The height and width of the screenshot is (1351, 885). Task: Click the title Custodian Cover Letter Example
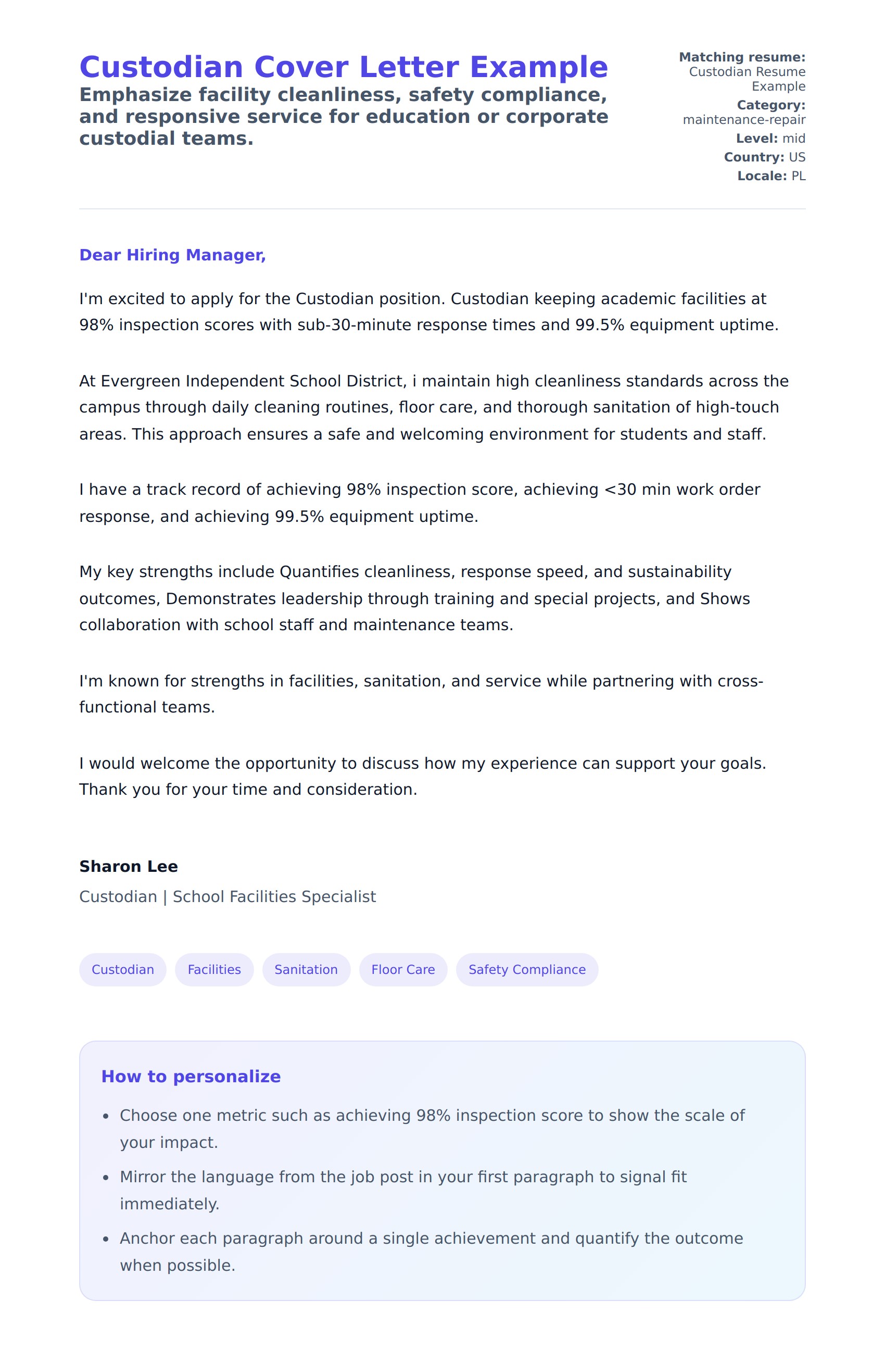tap(343, 67)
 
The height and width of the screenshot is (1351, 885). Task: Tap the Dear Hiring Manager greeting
tap(172, 255)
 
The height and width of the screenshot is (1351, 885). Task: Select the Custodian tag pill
tap(122, 970)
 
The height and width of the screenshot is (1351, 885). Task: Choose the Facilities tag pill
tap(214, 970)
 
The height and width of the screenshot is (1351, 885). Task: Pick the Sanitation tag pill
tap(306, 970)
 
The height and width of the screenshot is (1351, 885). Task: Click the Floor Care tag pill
tap(403, 970)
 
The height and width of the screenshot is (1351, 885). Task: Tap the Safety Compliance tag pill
tap(526, 970)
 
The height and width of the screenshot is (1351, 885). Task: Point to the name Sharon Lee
tap(128, 866)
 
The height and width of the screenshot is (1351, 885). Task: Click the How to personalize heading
tap(191, 1076)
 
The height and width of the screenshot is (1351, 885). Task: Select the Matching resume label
tap(741, 57)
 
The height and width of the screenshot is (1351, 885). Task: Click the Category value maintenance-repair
tap(744, 120)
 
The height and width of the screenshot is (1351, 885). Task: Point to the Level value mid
tap(794, 139)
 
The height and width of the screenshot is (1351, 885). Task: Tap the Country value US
tap(797, 157)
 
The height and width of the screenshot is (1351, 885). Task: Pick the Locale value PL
tap(798, 176)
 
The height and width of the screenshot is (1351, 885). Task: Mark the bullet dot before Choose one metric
tap(106, 1117)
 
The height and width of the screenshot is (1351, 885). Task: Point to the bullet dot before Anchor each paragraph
tap(106, 1239)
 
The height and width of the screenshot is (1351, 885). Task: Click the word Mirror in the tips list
tap(143, 1177)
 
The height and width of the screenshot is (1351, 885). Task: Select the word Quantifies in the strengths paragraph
tap(320, 572)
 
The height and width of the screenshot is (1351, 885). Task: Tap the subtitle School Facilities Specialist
tap(274, 896)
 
